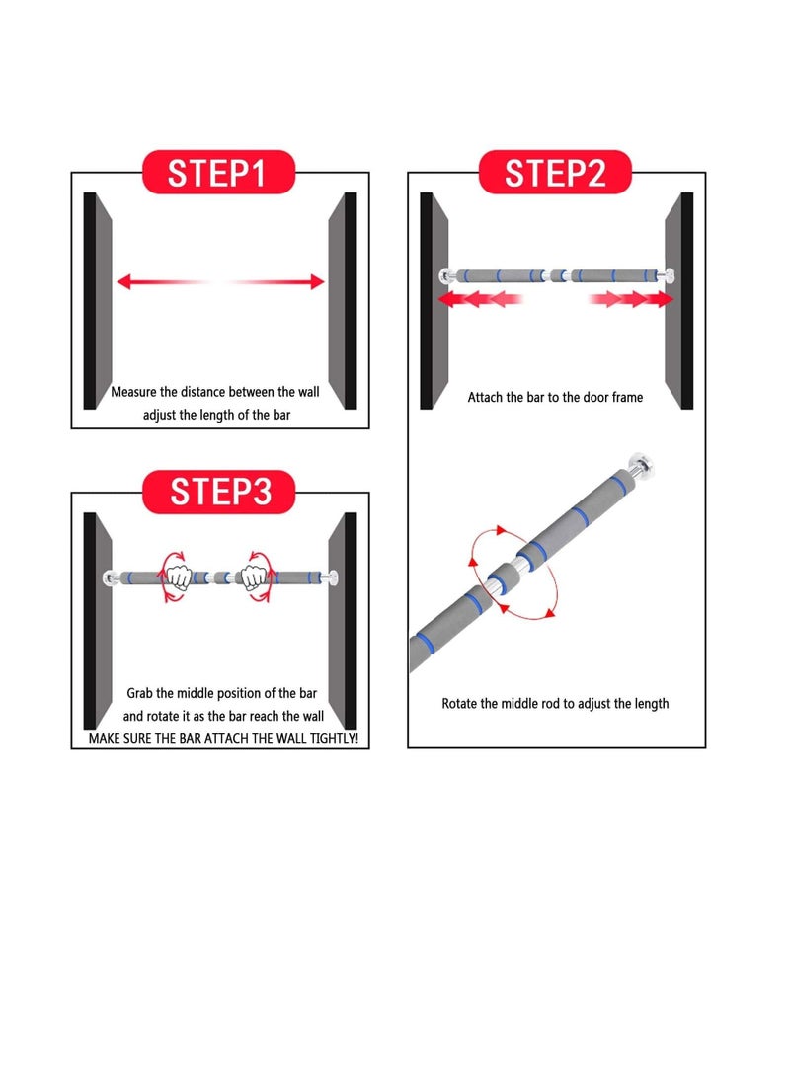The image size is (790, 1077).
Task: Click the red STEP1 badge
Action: coord(218,172)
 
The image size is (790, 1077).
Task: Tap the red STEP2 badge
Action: coord(555,172)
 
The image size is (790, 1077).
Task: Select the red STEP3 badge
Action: coord(218,492)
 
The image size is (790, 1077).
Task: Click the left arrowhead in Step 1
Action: coord(123,281)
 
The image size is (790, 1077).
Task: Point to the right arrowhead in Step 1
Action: coord(317,281)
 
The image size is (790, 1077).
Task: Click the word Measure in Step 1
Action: coord(133,392)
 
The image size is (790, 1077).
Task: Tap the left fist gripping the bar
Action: coord(179,577)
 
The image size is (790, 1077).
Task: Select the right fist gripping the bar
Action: coord(254,577)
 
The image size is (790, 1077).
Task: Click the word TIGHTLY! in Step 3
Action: coord(334,738)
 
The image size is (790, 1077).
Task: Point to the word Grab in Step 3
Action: coord(139,693)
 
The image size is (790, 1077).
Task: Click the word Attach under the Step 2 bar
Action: coord(485,397)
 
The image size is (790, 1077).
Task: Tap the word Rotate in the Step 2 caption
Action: coord(459,703)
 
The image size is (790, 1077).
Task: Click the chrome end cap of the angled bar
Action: coord(640,464)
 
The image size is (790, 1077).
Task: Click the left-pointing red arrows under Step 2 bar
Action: coord(480,299)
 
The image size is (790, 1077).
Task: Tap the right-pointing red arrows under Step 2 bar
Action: coord(631,299)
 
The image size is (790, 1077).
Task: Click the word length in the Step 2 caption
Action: coord(651,704)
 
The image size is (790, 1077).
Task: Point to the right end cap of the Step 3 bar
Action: coord(332,577)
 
